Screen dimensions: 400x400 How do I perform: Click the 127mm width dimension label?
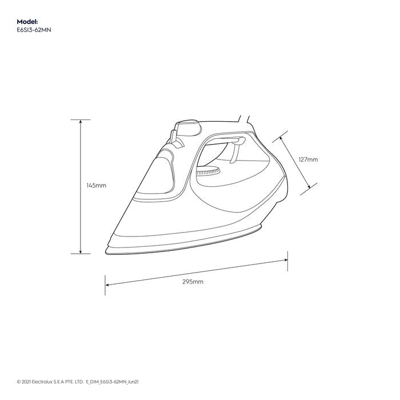click(x=308, y=160)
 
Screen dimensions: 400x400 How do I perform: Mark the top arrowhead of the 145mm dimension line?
click(x=81, y=122)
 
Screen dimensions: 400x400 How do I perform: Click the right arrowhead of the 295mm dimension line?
click(x=285, y=260)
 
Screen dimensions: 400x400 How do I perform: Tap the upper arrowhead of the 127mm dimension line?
click(x=283, y=137)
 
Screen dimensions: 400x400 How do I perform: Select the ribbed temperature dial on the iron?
click(x=207, y=172)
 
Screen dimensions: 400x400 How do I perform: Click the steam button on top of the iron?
click(x=187, y=125)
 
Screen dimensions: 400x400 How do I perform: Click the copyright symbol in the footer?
click(x=19, y=381)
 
